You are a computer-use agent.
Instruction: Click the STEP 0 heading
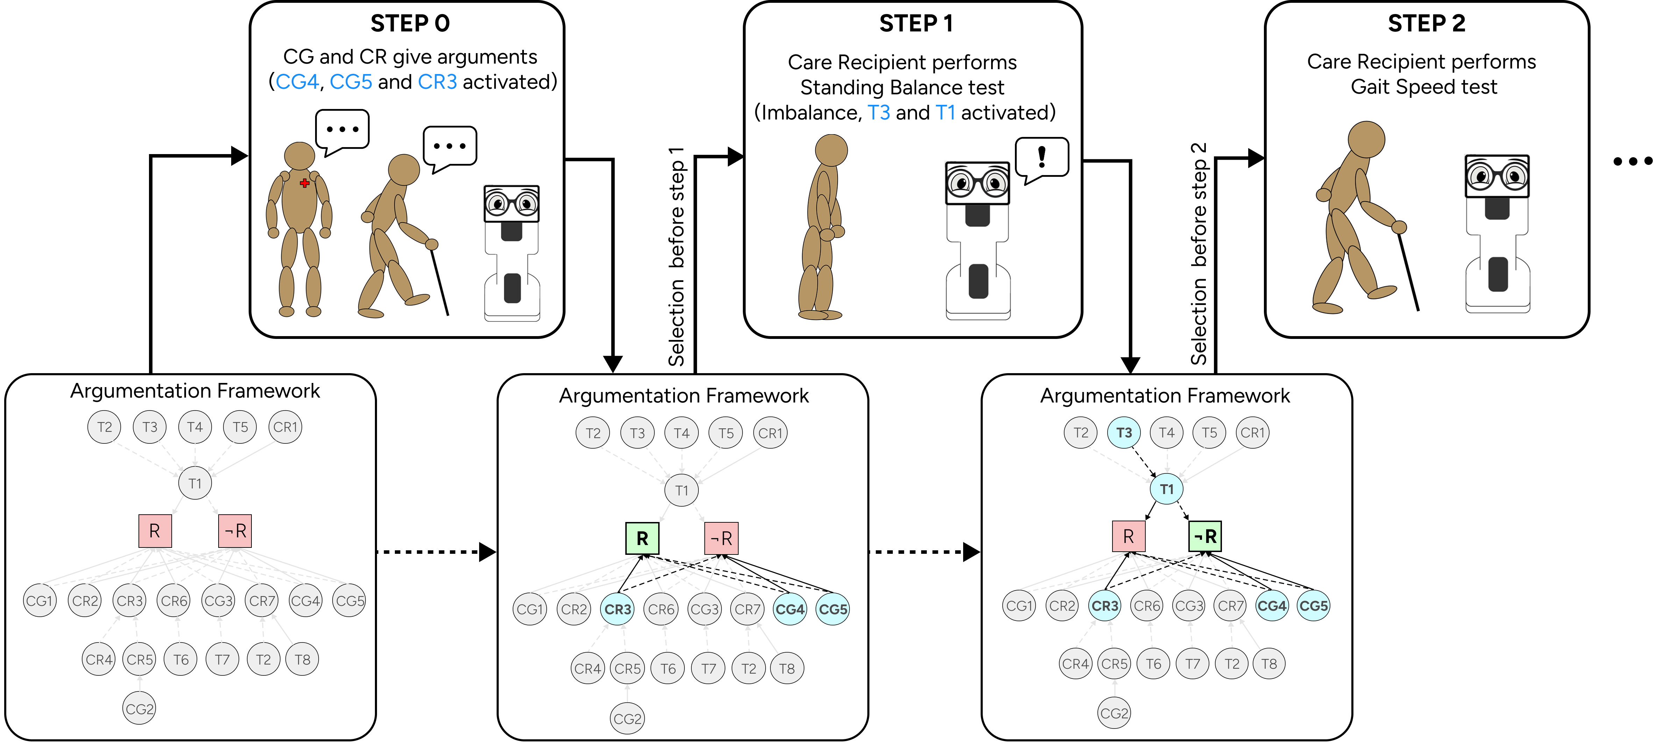410,24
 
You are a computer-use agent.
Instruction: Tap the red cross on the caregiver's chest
304,183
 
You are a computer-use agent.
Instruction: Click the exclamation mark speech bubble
1041,158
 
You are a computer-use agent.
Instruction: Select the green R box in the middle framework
642,538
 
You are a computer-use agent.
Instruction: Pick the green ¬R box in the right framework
1205,536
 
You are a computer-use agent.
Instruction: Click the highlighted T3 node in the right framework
1124,433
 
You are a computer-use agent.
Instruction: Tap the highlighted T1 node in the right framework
1166,489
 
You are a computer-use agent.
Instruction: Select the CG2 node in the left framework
140,709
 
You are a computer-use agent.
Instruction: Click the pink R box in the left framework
155,531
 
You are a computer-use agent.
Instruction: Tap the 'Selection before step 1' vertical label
677,257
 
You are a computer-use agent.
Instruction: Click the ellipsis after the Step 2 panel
1633,161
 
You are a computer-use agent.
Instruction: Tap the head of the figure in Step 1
831,151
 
